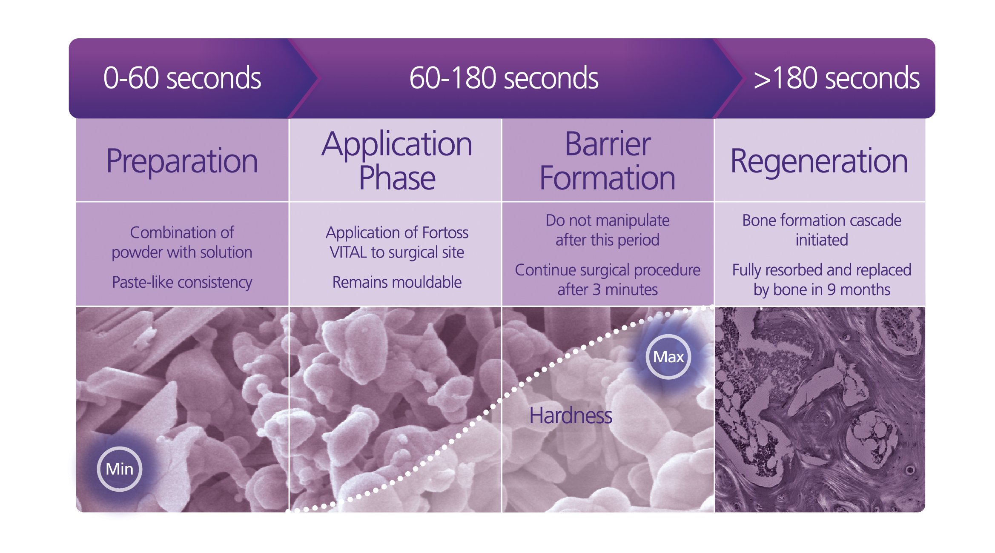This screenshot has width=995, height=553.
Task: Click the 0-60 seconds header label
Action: [182, 78]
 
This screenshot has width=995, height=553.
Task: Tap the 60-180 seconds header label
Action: [504, 78]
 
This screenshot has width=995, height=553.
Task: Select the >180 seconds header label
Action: [836, 78]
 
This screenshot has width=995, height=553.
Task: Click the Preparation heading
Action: [182, 162]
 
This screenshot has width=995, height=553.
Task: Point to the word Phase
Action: [397, 178]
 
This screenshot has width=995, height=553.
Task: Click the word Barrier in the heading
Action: [608, 144]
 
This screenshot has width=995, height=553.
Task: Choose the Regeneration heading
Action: [819, 162]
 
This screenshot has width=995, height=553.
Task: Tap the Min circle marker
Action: [120, 469]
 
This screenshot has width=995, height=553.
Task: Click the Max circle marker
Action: [668, 357]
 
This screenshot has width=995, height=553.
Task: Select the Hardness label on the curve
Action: [571, 415]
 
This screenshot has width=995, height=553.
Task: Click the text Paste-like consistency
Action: [182, 283]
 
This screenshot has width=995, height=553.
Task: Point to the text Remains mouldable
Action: [397, 282]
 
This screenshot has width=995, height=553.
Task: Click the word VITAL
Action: [348, 252]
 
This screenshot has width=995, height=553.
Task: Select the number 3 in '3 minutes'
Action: [596, 290]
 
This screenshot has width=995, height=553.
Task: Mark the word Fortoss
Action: [445, 233]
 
